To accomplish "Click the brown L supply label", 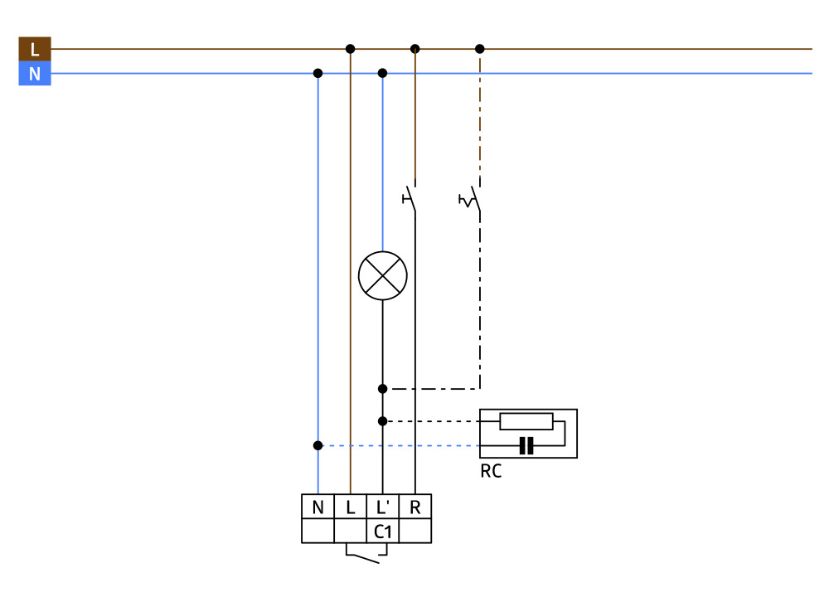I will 34,49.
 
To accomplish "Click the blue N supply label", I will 34,74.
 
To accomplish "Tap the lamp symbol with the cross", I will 382,275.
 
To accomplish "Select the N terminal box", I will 318,507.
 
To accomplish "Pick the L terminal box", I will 350,507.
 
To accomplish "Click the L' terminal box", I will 382,507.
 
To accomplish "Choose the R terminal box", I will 414,507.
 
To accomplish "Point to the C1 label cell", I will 382,532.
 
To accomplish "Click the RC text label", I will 491,472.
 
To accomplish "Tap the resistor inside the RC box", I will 526,421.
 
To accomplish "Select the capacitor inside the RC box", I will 526,446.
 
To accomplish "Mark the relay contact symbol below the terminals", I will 362,554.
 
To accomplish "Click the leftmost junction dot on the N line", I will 318,73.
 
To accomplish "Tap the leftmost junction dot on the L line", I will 350,49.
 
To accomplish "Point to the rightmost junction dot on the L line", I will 479,49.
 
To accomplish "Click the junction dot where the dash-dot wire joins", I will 382,388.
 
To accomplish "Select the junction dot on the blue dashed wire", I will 318,445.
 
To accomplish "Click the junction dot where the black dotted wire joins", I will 382,421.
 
